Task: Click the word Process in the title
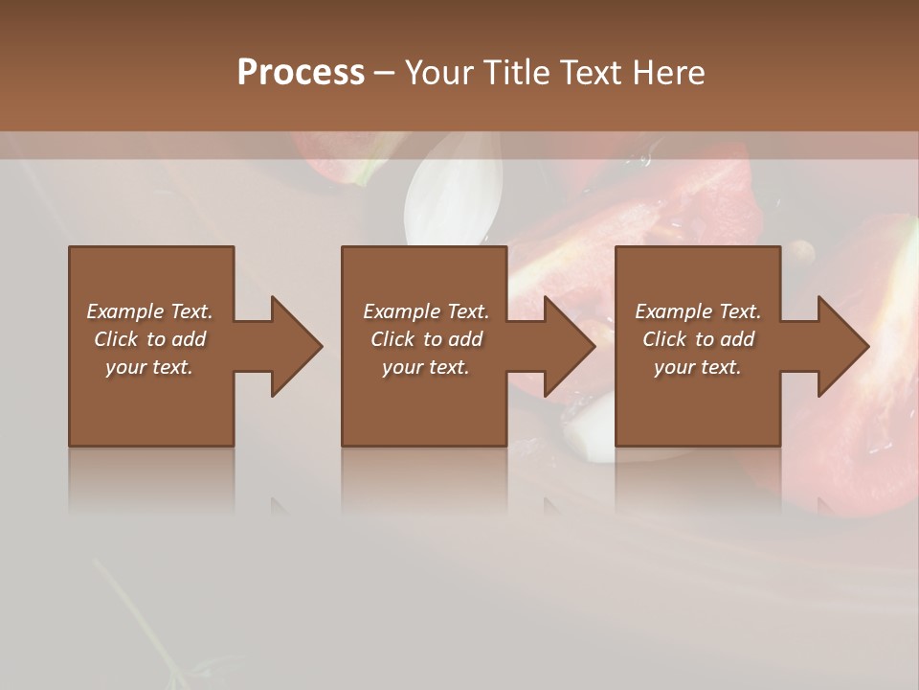301,73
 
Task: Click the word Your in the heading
439,73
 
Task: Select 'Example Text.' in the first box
149,311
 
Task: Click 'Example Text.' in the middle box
426,311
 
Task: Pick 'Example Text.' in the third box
698,311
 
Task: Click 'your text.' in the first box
149,367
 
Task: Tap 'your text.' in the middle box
426,367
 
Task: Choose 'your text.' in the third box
698,367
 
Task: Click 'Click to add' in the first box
149,339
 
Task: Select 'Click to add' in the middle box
426,339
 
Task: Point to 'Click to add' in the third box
698,339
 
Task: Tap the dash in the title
385,73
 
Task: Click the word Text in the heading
589,73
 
